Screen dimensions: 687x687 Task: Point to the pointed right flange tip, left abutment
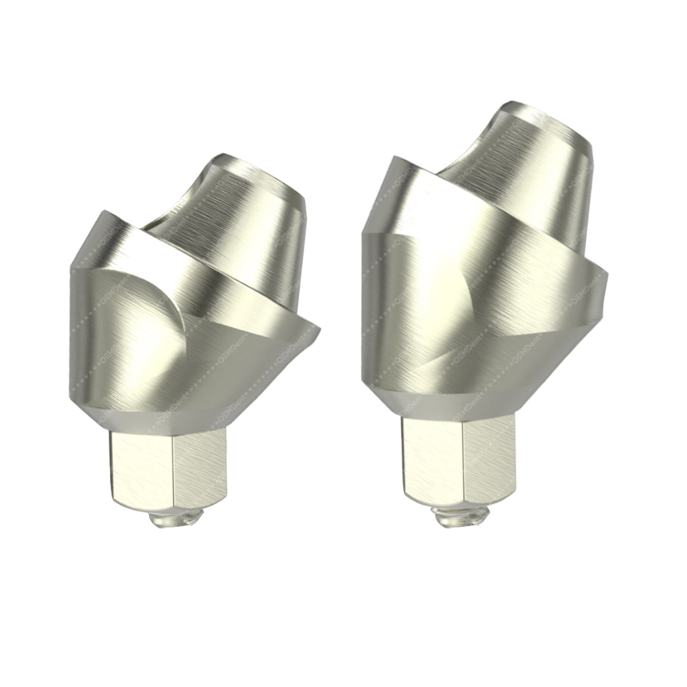[x=316, y=331]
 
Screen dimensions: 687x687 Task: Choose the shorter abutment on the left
[x=191, y=318]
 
